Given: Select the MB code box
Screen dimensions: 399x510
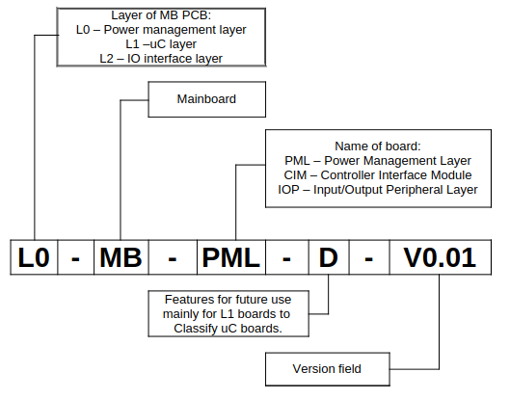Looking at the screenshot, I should click(x=121, y=258).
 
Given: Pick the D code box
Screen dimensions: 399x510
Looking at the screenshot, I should click(x=329, y=258).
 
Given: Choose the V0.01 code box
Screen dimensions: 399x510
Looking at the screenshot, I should click(x=440, y=258).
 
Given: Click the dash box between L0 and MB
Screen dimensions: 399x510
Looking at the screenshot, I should click(x=76, y=258).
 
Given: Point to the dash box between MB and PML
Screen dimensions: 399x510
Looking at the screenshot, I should click(x=173, y=258).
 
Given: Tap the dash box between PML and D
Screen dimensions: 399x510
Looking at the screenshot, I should click(x=287, y=258).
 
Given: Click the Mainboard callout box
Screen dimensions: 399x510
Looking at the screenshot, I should click(x=206, y=99).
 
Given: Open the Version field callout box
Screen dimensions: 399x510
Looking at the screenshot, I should click(x=328, y=369).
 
